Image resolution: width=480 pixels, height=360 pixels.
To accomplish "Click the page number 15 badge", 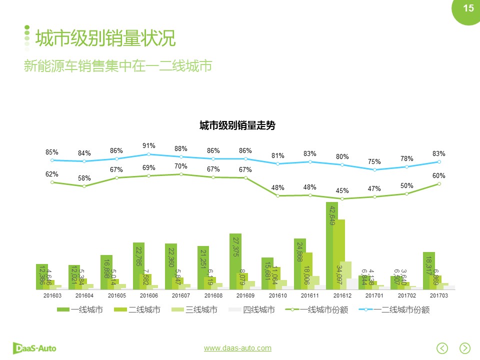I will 467,8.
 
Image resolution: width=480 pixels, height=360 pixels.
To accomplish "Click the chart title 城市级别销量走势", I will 237,125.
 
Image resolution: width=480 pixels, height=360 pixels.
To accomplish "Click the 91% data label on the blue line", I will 148,146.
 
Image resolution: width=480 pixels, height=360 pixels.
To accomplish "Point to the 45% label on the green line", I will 342,190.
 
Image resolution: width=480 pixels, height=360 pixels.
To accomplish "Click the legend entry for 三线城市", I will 195,310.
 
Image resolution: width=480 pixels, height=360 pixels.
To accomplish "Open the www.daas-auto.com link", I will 237,348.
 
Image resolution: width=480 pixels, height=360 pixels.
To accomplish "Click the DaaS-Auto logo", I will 34,348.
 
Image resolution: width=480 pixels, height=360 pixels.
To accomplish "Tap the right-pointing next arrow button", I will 465,348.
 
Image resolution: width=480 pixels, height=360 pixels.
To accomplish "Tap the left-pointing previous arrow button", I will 442,348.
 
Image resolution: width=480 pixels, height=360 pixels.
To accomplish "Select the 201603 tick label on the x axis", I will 52,295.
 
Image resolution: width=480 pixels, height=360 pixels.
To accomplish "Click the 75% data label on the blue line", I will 374,161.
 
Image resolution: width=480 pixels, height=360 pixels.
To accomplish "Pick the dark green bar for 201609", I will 235,261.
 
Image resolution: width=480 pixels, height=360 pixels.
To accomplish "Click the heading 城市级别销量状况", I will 105,38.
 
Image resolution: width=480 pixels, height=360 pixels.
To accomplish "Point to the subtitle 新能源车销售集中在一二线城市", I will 118,66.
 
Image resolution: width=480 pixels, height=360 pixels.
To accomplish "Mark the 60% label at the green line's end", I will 438,176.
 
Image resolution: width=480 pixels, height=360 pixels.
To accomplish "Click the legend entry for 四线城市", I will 252,310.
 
